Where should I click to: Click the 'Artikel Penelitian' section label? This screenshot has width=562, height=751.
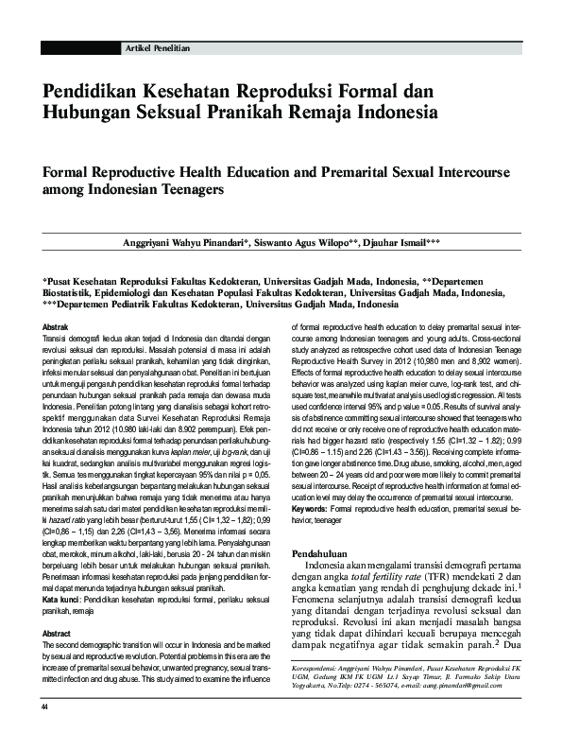coord(158,47)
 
